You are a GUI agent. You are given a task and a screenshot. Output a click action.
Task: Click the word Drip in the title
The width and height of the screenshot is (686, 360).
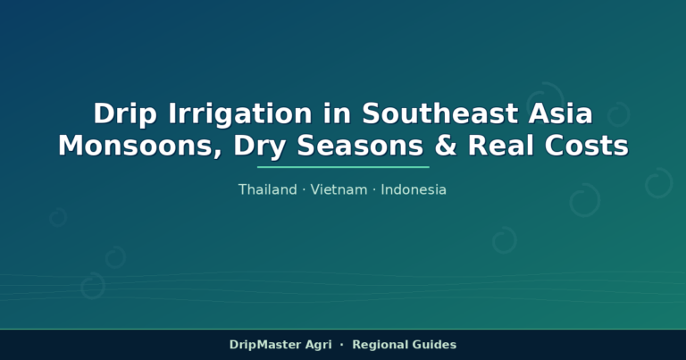pos(125,114)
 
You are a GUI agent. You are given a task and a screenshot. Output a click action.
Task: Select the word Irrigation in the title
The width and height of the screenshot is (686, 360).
pos(239,114)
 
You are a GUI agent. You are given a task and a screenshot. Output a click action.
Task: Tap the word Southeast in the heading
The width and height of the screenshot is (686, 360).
pos(439,113)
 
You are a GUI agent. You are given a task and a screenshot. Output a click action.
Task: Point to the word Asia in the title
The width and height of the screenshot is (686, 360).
pos(560,113)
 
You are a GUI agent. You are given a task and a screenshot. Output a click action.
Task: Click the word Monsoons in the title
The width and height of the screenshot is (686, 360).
pos(139,147)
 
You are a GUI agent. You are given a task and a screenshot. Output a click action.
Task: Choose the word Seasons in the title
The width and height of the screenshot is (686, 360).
pos(360,146)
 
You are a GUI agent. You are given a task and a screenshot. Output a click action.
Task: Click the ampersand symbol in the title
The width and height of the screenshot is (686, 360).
pos(446,146)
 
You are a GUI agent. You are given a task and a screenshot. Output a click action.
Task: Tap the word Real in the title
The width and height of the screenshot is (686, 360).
pos(500,146)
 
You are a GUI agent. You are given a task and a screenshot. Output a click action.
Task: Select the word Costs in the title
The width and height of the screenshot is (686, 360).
pos(586,146)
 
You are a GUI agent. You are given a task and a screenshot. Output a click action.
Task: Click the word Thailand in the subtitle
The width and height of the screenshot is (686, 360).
pos(268,189)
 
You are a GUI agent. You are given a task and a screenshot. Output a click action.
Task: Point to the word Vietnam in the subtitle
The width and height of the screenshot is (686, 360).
pos(339,189)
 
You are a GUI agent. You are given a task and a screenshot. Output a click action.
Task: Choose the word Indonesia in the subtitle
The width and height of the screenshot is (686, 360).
pos(414,189)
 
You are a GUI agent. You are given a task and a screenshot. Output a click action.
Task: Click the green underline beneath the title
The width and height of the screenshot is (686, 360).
pos(343,167)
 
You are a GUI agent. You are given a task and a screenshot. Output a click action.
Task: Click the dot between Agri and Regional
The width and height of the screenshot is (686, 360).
pos(342,345)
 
